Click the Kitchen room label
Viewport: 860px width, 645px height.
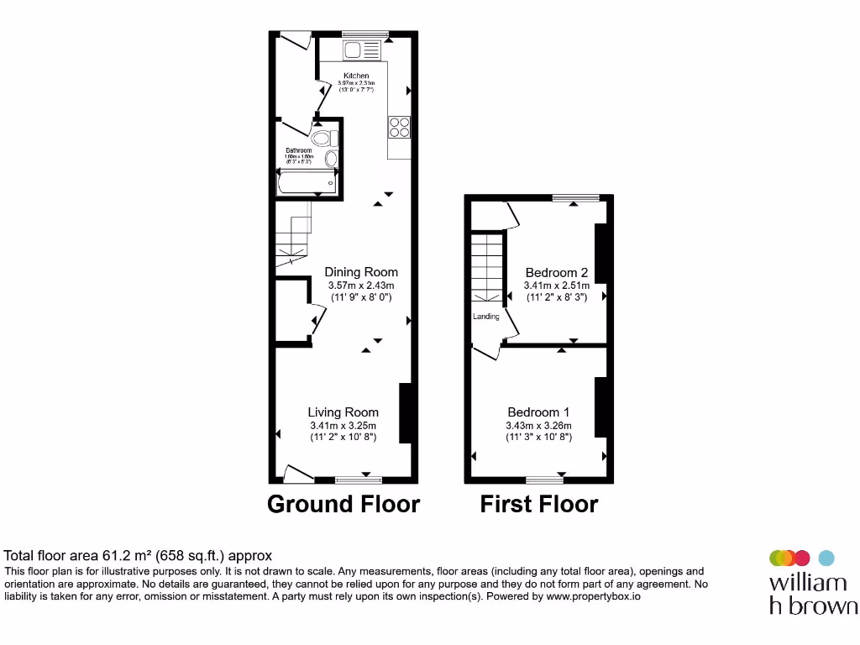point(356,76)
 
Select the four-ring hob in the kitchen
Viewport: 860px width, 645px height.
point(398,125)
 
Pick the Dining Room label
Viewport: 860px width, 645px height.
point(361,272)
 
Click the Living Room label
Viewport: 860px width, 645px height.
point(343,412)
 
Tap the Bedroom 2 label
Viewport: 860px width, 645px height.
point(556,273)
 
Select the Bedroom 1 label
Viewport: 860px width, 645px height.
point(538,412)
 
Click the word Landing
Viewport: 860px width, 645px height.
point(486,317)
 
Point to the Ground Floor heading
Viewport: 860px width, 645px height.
point(343,504)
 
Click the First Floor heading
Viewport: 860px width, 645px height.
point(538,504)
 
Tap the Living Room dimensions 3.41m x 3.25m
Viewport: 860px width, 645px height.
point(343,425)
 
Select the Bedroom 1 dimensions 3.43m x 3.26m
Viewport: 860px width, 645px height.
point(538,425)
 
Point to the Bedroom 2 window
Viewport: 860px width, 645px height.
point(575,198)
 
